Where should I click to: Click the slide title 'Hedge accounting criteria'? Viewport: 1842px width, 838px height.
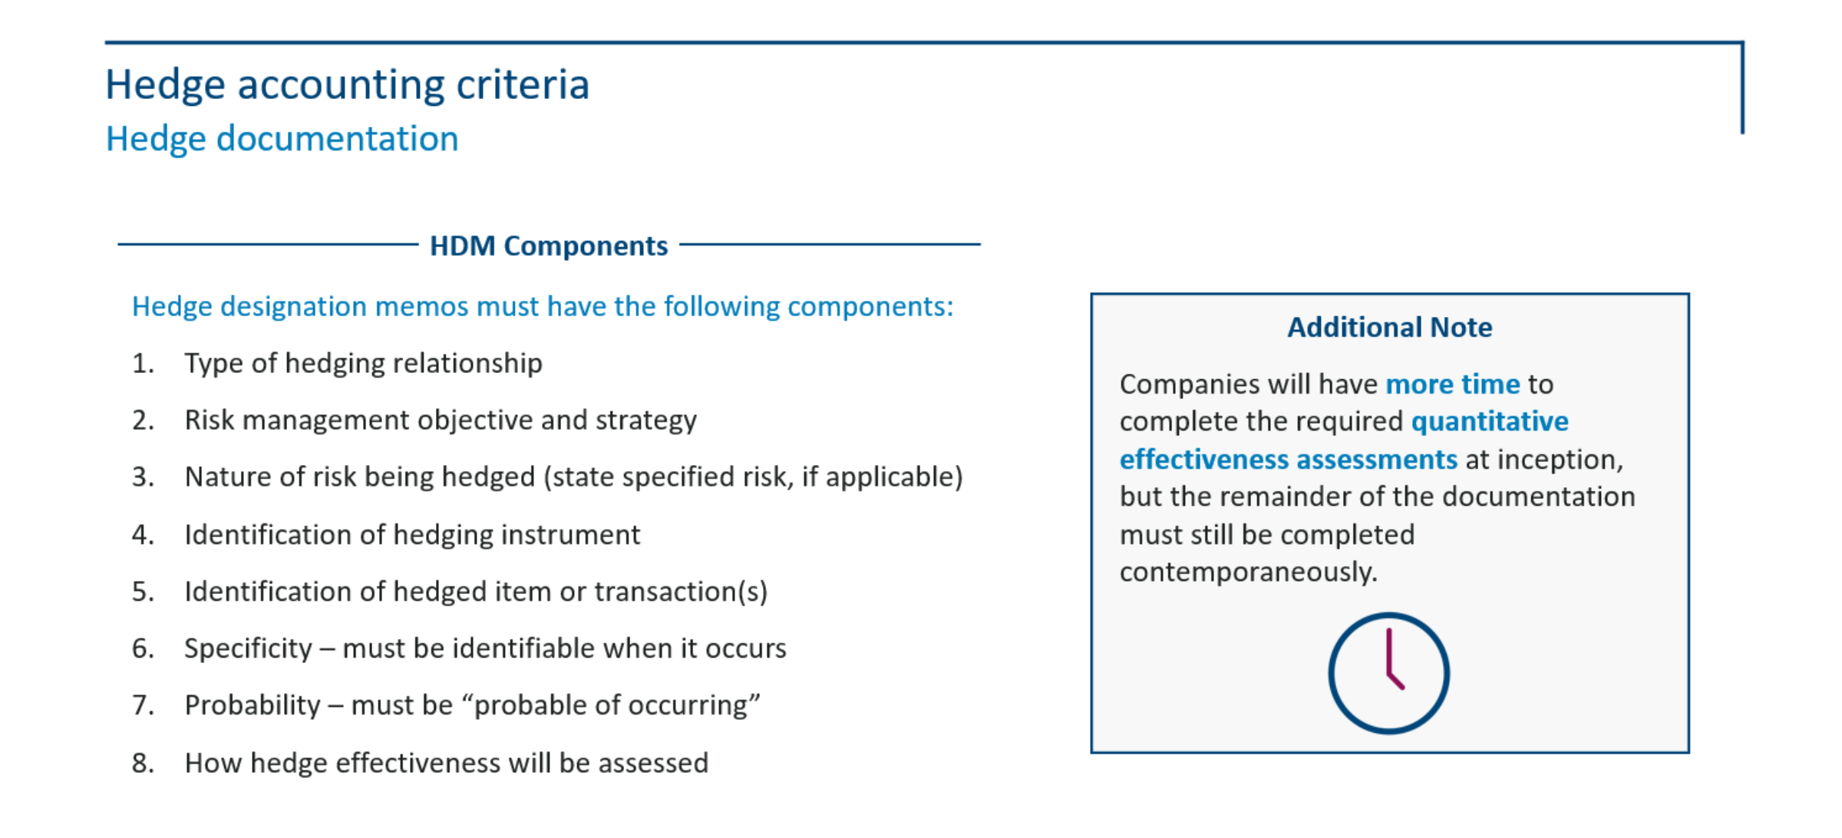(347, 84)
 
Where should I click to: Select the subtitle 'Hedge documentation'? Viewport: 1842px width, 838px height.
(282, 139)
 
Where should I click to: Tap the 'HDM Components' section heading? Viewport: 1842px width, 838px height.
(549, 246)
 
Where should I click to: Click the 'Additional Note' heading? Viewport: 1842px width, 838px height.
(1390, 327)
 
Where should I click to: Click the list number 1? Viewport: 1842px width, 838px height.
(143, 363)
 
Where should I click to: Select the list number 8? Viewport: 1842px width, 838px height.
(143, 763)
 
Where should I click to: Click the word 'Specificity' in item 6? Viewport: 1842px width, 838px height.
(248, 649)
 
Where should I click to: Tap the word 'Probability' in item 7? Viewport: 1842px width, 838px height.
(253, 706)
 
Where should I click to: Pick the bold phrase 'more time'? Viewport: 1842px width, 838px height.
(1453, 384)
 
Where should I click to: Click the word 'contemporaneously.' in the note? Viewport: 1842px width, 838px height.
(1249, 572)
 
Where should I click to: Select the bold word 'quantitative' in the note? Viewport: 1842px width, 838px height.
(1490, 421)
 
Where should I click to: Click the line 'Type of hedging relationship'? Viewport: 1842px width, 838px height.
(363, 363)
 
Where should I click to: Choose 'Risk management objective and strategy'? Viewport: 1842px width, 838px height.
(441, 421)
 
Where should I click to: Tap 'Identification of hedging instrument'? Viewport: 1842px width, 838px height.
(412, 535)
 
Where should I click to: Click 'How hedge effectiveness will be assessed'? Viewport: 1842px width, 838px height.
(446, 763)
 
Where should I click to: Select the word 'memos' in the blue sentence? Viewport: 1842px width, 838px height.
(422, 307)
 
